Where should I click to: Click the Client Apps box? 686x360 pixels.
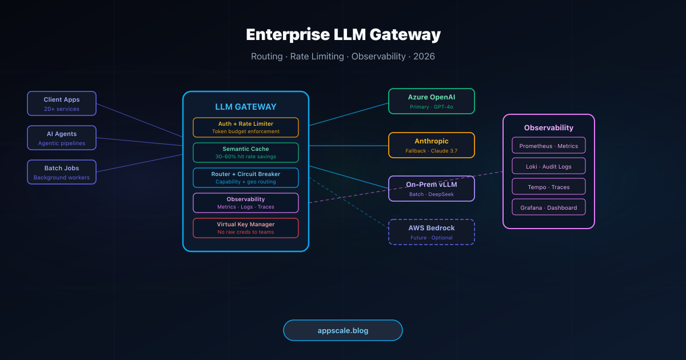(x=62, y=103)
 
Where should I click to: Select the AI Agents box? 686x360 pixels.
(x=62, y=138)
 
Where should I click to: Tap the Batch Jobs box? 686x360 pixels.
(x=62, y=172)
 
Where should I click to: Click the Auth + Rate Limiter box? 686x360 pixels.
(x=246, y=127)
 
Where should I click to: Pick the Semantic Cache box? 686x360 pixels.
(x=246, y=153)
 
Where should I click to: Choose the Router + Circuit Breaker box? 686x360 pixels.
(x=246, y=178)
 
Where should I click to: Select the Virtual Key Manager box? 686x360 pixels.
(x=246, y=228)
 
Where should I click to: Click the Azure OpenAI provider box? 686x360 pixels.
(x=432, y=101)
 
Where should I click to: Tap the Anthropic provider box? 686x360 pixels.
(x=432, y=145)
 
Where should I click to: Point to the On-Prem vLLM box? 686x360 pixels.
(x=432, y=189)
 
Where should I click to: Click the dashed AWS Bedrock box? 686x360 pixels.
(x=432, y=232)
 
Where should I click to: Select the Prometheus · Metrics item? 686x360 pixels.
(x=549, y=146)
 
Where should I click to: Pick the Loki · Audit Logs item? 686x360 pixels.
(x=549, y=166)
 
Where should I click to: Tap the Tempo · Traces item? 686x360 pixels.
(x=549, y=187)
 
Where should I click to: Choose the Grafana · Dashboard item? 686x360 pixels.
(x=549, y=207)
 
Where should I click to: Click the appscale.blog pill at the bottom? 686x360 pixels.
(x=343, y=330)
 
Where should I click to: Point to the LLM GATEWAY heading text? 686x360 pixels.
(x=246, y=107)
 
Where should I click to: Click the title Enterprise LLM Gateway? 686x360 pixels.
(x=343, y=35)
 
